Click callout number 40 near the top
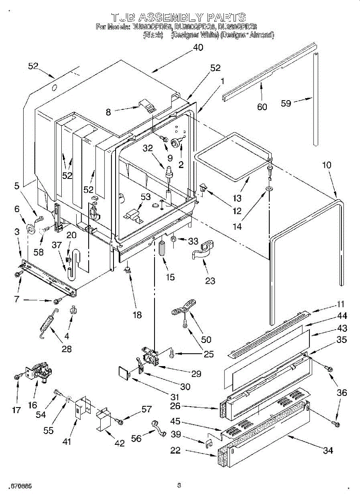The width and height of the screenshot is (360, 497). click(198, 47)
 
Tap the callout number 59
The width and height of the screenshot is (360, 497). click(286, 104)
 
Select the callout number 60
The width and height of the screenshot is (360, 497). click(262, 107)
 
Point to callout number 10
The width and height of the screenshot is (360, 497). click(327, 165)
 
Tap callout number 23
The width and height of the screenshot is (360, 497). click(210, 281)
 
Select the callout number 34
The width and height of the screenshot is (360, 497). click(328, 450)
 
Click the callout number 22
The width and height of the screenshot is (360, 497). click(176, 450)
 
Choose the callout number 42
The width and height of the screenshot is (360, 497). click(119, 443)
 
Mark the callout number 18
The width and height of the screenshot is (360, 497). click(136, 315)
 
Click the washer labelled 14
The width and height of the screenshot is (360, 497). click(269, 189)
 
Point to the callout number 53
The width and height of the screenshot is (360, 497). click(146, 197)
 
